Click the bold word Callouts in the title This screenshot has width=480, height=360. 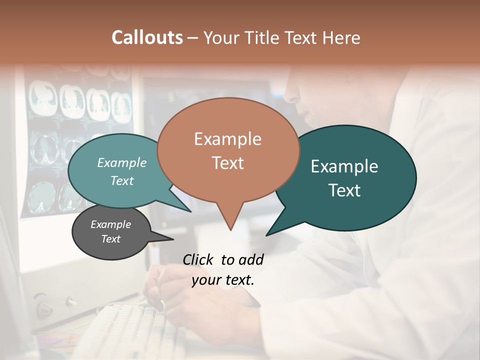coord(147,37)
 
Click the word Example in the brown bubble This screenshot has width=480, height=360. coord(227,139)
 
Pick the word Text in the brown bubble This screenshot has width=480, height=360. coord(227,163)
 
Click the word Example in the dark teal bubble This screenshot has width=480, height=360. coord(344,166)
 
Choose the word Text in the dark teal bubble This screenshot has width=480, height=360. coord(344,190)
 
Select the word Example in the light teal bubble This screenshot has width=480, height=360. coord(122,162)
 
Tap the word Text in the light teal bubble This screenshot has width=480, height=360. coord(122,180)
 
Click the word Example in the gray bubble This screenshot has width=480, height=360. coord(110,224)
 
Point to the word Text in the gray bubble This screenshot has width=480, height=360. coord(110,239)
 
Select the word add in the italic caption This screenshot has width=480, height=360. coord(251,259)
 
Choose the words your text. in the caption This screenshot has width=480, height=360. coord(222,280)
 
